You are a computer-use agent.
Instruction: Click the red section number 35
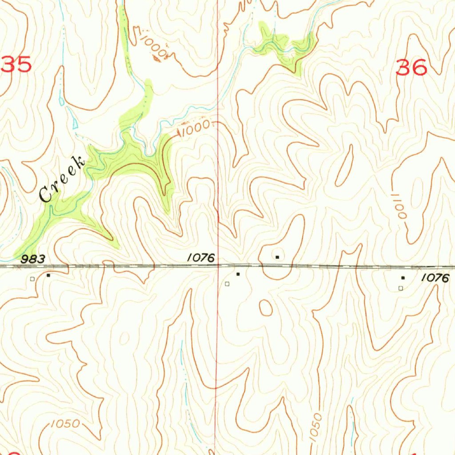click(x=17, y=65)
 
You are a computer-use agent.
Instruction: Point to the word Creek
click(x=62, y=180)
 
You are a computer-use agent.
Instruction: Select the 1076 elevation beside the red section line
click(x=201, y=257)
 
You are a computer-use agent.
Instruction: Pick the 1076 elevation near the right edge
click(x=435, y=278)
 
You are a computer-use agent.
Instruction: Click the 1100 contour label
click(x=399, y=205)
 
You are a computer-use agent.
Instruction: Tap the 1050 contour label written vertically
click(x=316, y=427)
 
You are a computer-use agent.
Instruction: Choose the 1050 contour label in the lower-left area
click(x=65, y=423)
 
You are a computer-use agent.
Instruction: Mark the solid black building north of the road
click(x=277, y=257)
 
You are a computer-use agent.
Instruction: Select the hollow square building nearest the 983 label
click(x=32, y=279)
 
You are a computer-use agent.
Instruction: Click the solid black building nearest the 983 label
click(x=48, y=275)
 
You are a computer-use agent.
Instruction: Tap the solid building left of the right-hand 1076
click(x=403, y=278)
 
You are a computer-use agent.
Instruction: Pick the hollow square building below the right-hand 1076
click(x=400, y=288)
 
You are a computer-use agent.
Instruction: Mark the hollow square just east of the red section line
click(x=227, y=283)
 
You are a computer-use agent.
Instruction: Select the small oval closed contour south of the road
click(x=266, y=307)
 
